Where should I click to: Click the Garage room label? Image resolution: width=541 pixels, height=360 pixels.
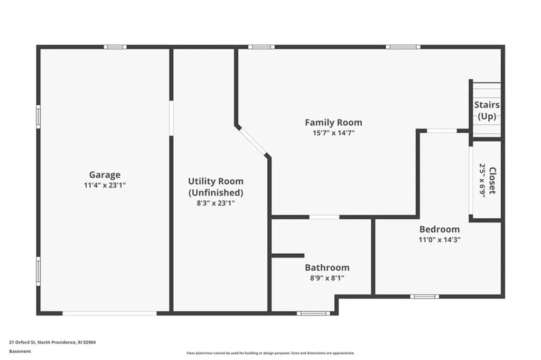[105, 174]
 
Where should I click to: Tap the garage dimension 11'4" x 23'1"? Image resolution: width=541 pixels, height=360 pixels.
[105, 186]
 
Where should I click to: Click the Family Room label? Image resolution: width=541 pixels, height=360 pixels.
[333, 122]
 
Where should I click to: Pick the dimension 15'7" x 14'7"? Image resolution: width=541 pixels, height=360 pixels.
[333, 133]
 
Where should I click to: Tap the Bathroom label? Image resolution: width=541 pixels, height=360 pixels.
[327, 267]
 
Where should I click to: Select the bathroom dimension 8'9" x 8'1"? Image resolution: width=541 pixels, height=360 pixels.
[327, 278]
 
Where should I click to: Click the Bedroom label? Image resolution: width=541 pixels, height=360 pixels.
[439, 229]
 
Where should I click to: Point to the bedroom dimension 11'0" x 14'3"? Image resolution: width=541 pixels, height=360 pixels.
[439, 239]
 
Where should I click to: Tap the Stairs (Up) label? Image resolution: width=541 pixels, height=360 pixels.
[487, 110]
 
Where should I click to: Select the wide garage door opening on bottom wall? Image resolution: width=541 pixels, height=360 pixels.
[110, 313]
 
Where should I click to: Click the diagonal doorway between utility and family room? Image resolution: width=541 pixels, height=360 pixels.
[253, 141]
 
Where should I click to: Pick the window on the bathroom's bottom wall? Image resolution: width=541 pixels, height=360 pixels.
[313, 313]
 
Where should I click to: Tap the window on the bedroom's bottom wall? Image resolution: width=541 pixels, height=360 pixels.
[424, 296]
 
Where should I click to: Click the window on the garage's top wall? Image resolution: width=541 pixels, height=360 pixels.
[115, 47]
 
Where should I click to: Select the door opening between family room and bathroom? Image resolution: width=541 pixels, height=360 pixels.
[324, 217]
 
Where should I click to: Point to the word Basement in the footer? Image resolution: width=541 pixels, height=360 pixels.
[20, 350]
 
